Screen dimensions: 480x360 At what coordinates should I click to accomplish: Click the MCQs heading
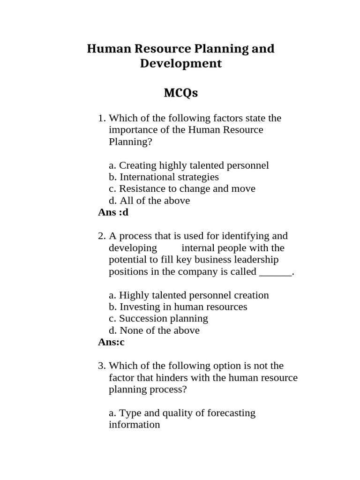(180, 93)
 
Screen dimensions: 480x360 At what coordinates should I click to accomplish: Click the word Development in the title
(180, 63)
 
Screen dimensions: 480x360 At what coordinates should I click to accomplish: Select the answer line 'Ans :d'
(113, 212)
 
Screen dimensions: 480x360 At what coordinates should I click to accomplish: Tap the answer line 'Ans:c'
(111, 342)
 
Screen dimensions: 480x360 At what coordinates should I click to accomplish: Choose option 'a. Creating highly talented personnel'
(189, 165)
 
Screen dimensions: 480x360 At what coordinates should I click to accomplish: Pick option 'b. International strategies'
(164, 177)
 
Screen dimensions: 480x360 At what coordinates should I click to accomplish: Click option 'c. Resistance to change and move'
(182, 188)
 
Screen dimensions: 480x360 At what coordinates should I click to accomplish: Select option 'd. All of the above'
(149, 201)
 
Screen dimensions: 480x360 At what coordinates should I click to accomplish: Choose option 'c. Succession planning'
(158, 318)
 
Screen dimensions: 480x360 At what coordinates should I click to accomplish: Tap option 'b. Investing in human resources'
(178, 307)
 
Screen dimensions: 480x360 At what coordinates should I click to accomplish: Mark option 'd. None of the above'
(154, 330)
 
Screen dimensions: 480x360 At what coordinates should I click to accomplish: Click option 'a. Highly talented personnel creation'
(189, 295)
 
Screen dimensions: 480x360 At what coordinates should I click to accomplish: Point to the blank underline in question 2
(275, 272)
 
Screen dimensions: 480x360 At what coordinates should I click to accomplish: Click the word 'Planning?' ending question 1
(131, 142)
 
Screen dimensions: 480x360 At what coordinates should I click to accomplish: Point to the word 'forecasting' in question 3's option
(230, 413)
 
